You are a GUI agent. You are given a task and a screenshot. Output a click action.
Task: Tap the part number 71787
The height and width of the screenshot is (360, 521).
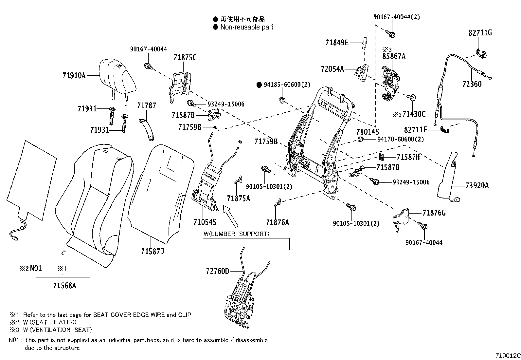pyautogui.click(x=147, y=105)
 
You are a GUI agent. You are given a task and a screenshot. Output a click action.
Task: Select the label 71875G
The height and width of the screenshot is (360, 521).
pyautogui.click(x=185, y=57)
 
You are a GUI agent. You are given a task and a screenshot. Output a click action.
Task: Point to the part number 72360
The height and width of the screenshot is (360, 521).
pyautogui.click(x=472, y=84)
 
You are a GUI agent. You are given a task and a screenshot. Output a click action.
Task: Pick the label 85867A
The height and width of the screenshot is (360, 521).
pyautogui.click(x=394, y=56)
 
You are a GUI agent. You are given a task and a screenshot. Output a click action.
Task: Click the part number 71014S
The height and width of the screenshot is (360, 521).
pyautogui.click(x=368, y=132)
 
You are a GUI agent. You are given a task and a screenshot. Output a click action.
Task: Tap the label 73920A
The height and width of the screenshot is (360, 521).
pyautogui.click(x=477, y=186)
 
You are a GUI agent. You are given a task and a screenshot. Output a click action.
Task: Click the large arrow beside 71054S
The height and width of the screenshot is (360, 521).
pyautogui.click(x=230, y=216)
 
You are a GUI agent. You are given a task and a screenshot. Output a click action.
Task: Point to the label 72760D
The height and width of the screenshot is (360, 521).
pyautogui.click(x=218, y=271)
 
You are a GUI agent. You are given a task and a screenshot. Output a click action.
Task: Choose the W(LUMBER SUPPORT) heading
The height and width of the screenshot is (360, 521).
pyautogui.click(x=236, y=234)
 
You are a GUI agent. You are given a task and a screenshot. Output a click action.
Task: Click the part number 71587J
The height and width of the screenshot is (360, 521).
pyautogui.click(x=153, y=252)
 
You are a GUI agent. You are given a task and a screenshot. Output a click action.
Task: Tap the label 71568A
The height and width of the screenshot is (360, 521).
pyautogui.click(x=64, y=286)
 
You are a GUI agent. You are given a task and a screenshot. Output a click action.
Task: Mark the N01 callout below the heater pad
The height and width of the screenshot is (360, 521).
pyautogui.click(x=36, y=268)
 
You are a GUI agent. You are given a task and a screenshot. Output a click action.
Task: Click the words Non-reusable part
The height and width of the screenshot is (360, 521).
pyautogui.click(x=246, y=27)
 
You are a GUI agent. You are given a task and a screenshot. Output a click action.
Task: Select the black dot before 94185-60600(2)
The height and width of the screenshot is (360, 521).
pyautogui.click(x=259, y=85)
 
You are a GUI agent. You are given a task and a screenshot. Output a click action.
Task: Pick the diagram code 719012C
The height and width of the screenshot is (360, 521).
pyautogui.click(x=508, y=356)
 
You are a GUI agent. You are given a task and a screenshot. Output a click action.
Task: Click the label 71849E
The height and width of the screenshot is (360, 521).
pyautogui.click(x=337, y=43)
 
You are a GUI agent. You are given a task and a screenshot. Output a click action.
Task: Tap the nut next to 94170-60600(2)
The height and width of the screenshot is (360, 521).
pyautogui.click(x=360, y=139)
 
